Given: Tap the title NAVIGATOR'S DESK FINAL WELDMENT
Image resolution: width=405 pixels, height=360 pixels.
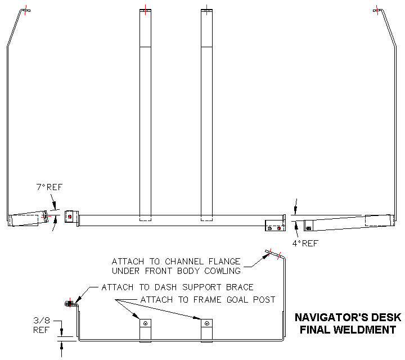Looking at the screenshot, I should tap(345, 324).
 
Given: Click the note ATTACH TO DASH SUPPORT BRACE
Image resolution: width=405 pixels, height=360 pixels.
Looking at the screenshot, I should tap(177, 287).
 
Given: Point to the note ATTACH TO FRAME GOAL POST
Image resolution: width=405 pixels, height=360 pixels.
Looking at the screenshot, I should tap(208, 299).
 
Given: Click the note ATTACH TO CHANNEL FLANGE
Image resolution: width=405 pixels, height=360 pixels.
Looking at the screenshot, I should tap(176, 262).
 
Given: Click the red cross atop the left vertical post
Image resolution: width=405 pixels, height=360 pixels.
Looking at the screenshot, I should tap(146, 10).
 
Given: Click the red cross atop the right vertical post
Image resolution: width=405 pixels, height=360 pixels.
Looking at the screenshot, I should tap(207, 10).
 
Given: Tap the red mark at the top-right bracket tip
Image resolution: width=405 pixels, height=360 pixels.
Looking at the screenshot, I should tap(376, 10).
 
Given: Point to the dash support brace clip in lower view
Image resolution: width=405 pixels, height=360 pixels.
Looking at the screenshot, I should tap(70, 304).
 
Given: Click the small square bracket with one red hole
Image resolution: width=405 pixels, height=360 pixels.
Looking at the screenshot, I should tap(69, 217).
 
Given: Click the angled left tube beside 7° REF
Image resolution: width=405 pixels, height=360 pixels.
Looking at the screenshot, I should tap(27, 218).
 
